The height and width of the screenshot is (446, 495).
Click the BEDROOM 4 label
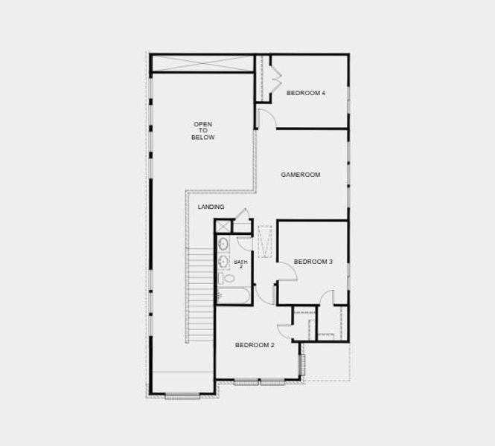point(306,93)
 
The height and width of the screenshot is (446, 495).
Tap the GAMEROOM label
point(300,175)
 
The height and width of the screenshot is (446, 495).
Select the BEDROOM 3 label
point(313,262)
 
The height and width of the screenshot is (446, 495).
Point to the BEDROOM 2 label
point(255,345)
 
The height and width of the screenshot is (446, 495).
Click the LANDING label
point(211,207)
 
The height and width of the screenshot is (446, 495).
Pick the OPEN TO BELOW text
point(203,131)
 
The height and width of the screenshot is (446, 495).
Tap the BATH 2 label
point(240,263)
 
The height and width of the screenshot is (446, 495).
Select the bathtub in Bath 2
point(233,296)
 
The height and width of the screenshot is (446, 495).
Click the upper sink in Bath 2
point(223,244)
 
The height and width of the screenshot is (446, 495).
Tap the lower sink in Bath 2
point(223,261)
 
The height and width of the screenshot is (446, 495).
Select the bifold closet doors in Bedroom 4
point(275,79)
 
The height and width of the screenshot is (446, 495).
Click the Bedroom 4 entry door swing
point(266,117)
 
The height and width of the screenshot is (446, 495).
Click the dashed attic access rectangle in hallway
point(265,241)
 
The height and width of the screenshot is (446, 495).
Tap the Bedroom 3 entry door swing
point(287,272)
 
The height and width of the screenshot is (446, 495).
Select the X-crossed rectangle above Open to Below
point(202,63)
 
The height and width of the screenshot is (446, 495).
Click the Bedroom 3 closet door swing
point(327,297)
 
